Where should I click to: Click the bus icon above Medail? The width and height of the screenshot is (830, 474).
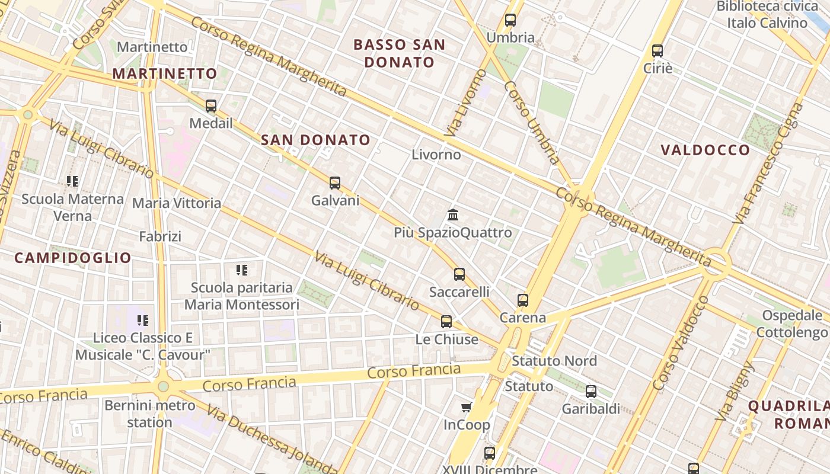pos(211,106)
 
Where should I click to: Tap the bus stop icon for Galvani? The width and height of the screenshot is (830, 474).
pos(335,183)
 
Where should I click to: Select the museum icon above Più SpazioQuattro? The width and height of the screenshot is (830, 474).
pos(454,214)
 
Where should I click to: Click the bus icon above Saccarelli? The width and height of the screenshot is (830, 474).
pos(459,274)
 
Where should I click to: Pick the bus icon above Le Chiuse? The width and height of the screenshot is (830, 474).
pos(446,322)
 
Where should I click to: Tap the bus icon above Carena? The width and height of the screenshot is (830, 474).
pos(522,300)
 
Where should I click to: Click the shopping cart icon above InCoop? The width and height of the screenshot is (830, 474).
pos(467,407)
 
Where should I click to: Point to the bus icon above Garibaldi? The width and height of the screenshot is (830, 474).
pos(591,391)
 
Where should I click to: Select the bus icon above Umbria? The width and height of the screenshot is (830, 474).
pos(510,20)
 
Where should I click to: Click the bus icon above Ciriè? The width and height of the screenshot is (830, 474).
pos(657,50)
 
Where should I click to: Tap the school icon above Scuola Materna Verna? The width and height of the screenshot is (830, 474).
pos(72,181)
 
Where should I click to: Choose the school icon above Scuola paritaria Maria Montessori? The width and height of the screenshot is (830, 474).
pos(242,270)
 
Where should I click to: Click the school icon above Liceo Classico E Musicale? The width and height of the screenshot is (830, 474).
pos(143,321)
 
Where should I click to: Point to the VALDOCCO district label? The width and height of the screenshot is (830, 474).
pos(705,150)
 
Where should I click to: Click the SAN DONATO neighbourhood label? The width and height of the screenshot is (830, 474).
pos(316,140)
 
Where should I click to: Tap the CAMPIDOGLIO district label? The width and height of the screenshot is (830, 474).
pos(73,258)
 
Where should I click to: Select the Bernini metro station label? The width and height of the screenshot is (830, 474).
pos(150,414)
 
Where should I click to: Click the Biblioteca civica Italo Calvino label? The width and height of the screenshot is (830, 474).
pos(768,15)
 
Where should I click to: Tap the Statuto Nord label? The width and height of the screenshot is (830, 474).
pos(554,361)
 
